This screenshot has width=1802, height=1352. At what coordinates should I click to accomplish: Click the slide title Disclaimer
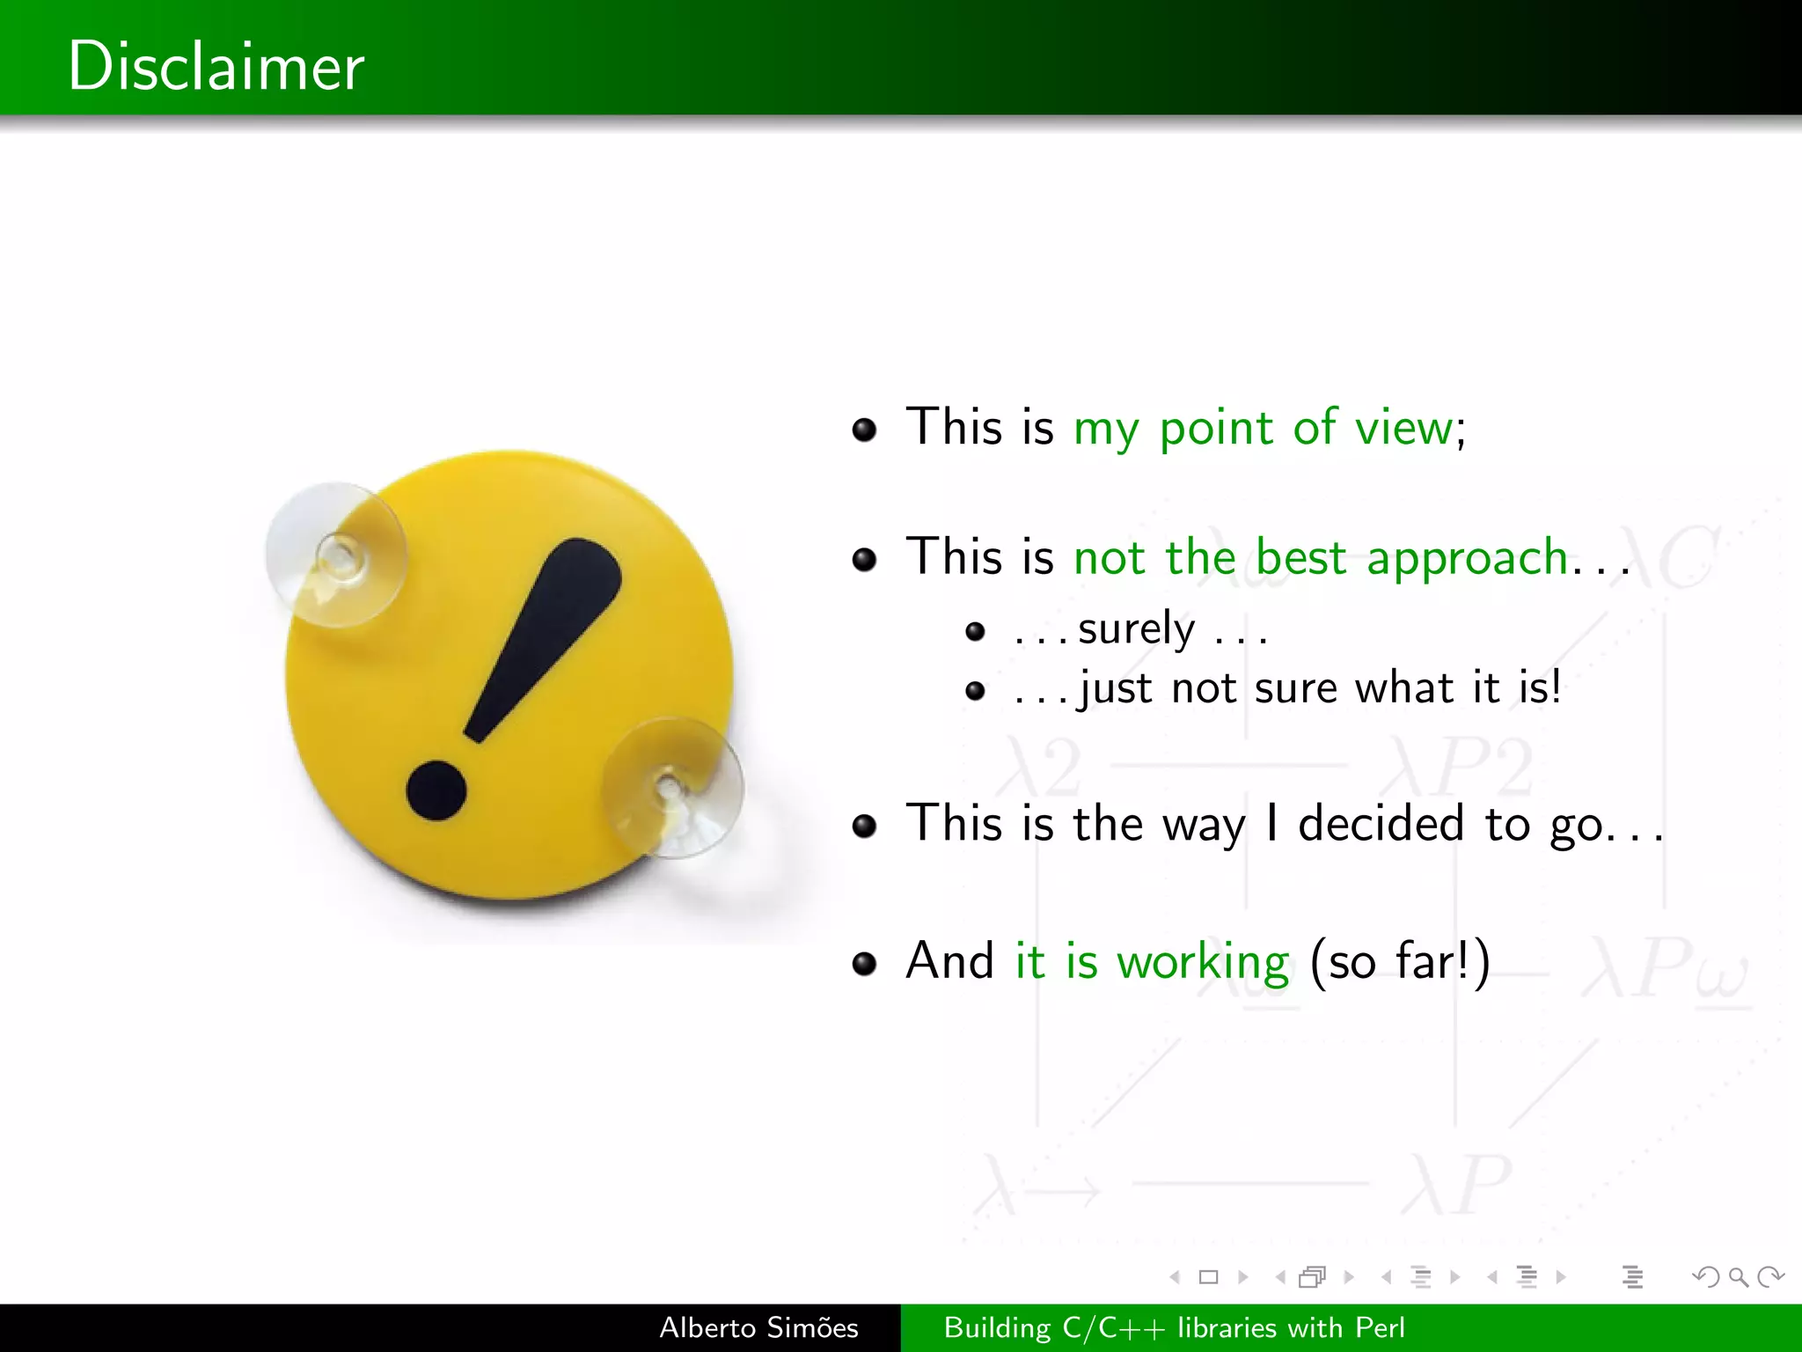(x=216, y=66)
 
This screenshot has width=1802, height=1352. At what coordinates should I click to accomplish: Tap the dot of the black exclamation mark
(x=436, y=790)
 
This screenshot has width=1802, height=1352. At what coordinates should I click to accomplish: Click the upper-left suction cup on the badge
(x=337, y=555)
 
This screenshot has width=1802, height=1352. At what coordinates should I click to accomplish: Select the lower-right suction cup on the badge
(x=672, y=787)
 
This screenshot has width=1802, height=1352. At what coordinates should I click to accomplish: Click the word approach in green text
(x=1468, y=559)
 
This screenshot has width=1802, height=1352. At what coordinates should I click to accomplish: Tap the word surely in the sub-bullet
(x=1136, y=629)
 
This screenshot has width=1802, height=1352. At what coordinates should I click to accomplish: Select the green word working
(x=1203, y=961)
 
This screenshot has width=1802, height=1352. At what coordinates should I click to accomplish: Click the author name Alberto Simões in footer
(x=758, y=1327)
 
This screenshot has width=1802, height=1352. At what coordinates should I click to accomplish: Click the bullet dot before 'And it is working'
(x=865, y=963)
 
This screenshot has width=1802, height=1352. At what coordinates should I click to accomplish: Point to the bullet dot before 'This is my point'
(x=865, y=430)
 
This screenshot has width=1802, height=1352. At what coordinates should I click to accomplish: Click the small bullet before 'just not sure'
(x=975, y=690)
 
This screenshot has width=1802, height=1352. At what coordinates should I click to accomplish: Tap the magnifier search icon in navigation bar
(x=1738, y=1276)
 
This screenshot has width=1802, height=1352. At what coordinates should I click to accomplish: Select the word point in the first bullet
(x=1215, y=430)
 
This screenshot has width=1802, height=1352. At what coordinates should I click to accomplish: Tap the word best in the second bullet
(x=1300, y=558)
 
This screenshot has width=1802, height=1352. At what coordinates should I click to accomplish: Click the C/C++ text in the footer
(x=1113, y=1327)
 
